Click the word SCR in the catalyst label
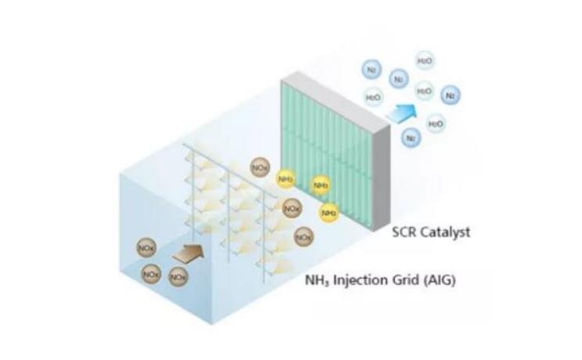404,232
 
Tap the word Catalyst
444,232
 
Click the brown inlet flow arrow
188,252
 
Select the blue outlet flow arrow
401,111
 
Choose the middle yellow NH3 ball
321,185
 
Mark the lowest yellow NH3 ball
329,212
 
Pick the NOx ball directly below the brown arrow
178,275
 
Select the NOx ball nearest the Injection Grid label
304,236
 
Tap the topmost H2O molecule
425,61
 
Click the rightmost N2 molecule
450,96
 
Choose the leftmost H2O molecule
374,97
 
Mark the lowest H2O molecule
436,123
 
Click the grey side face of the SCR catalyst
379,157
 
